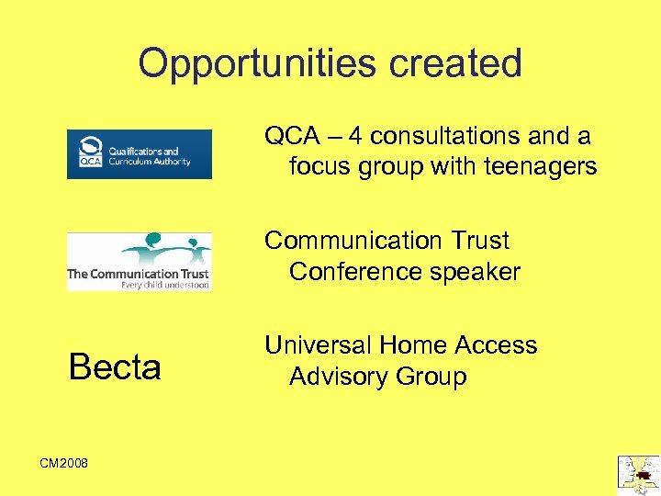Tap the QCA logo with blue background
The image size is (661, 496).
click(x=140, y=153)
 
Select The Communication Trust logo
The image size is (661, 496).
click(x=140, y=262)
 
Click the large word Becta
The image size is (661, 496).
click(x=115, y=367)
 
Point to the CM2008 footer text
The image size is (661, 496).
click(x=64, y=463)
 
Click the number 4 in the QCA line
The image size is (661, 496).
click(x=356, y=137)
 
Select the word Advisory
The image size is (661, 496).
click(x=339, y=377)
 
